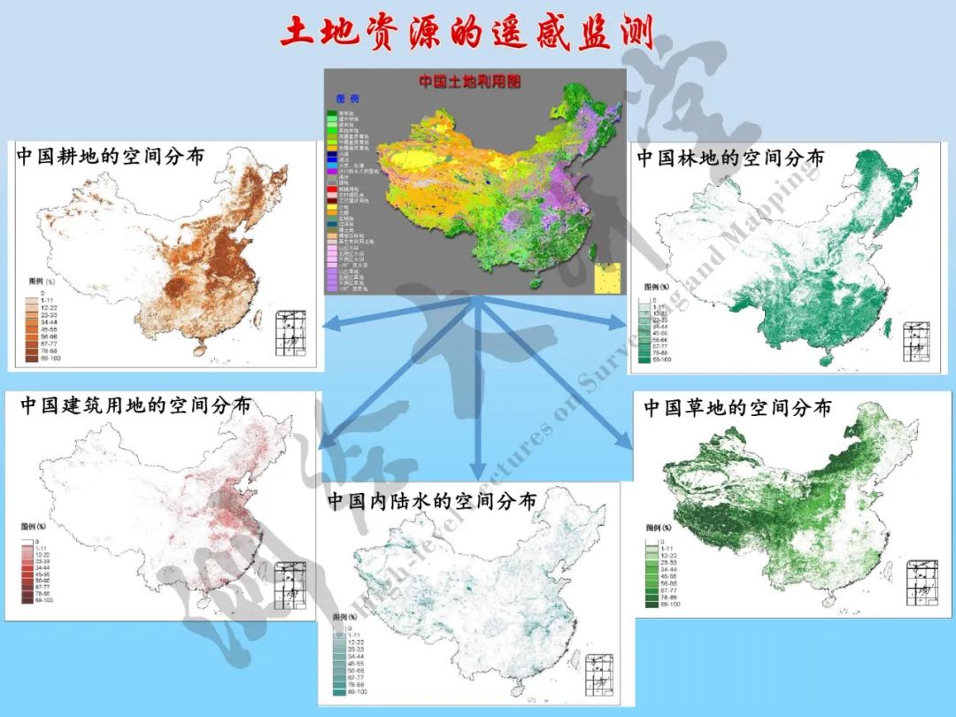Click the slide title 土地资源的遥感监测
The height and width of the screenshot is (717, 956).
tap(466, 33)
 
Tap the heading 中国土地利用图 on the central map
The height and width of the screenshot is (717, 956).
tap(470, 81)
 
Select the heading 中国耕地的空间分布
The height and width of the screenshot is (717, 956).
tap(111, 157)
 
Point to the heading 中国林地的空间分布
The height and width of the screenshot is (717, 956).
tap(731, 158)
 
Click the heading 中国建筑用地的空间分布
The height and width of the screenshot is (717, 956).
tap(135, 405)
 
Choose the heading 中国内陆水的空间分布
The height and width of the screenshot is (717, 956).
tap(432, 500)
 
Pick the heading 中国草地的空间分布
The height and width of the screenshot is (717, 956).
tap(737, 408)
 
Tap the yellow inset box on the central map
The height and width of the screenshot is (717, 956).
tap(609, 277)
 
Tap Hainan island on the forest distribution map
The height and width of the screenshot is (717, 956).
tap(826, 360)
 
